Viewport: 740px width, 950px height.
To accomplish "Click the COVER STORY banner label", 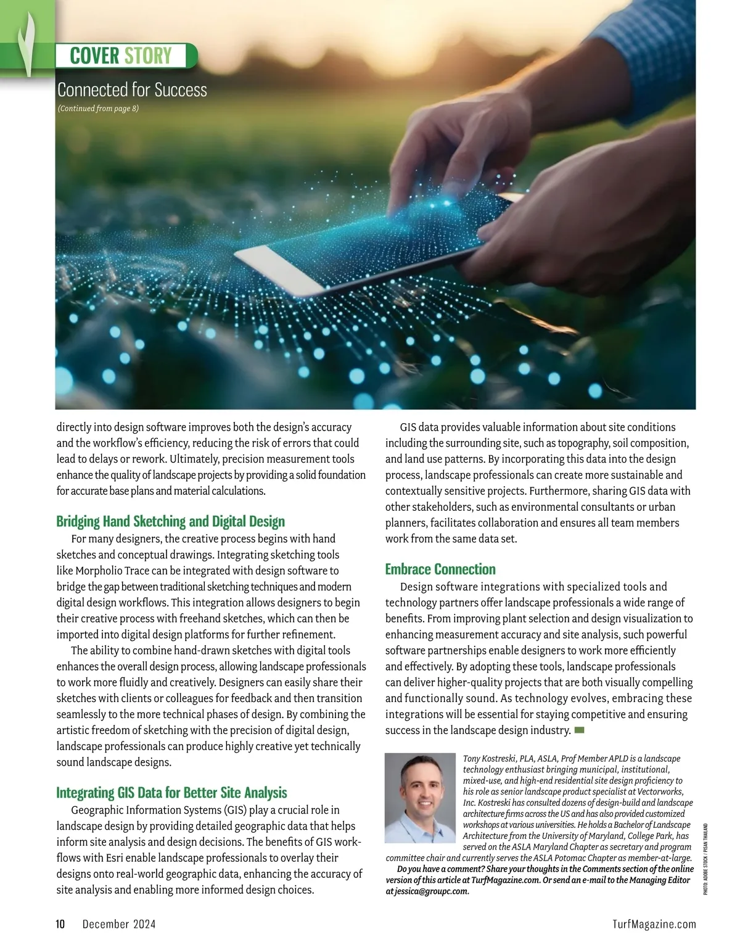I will [x=121, y=56].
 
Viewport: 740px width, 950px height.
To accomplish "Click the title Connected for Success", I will [x=132, y=90].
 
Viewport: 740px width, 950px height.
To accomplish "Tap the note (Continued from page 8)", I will [x=98, y=109].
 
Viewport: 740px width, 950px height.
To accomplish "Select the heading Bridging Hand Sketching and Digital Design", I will [x=170, y=522].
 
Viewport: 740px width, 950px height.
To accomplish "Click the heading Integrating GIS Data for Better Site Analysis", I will [x=171, y=793].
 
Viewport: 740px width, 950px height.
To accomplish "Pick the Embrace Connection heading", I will [x=440, y=569].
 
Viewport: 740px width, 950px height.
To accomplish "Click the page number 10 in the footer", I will [x=60, y=924].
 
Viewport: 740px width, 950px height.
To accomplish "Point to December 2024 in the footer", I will [x=119, y=924].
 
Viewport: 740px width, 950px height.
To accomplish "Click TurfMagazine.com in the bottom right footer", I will [x=654, y=924].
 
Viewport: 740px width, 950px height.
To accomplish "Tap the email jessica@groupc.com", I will [x=431, y=891].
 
